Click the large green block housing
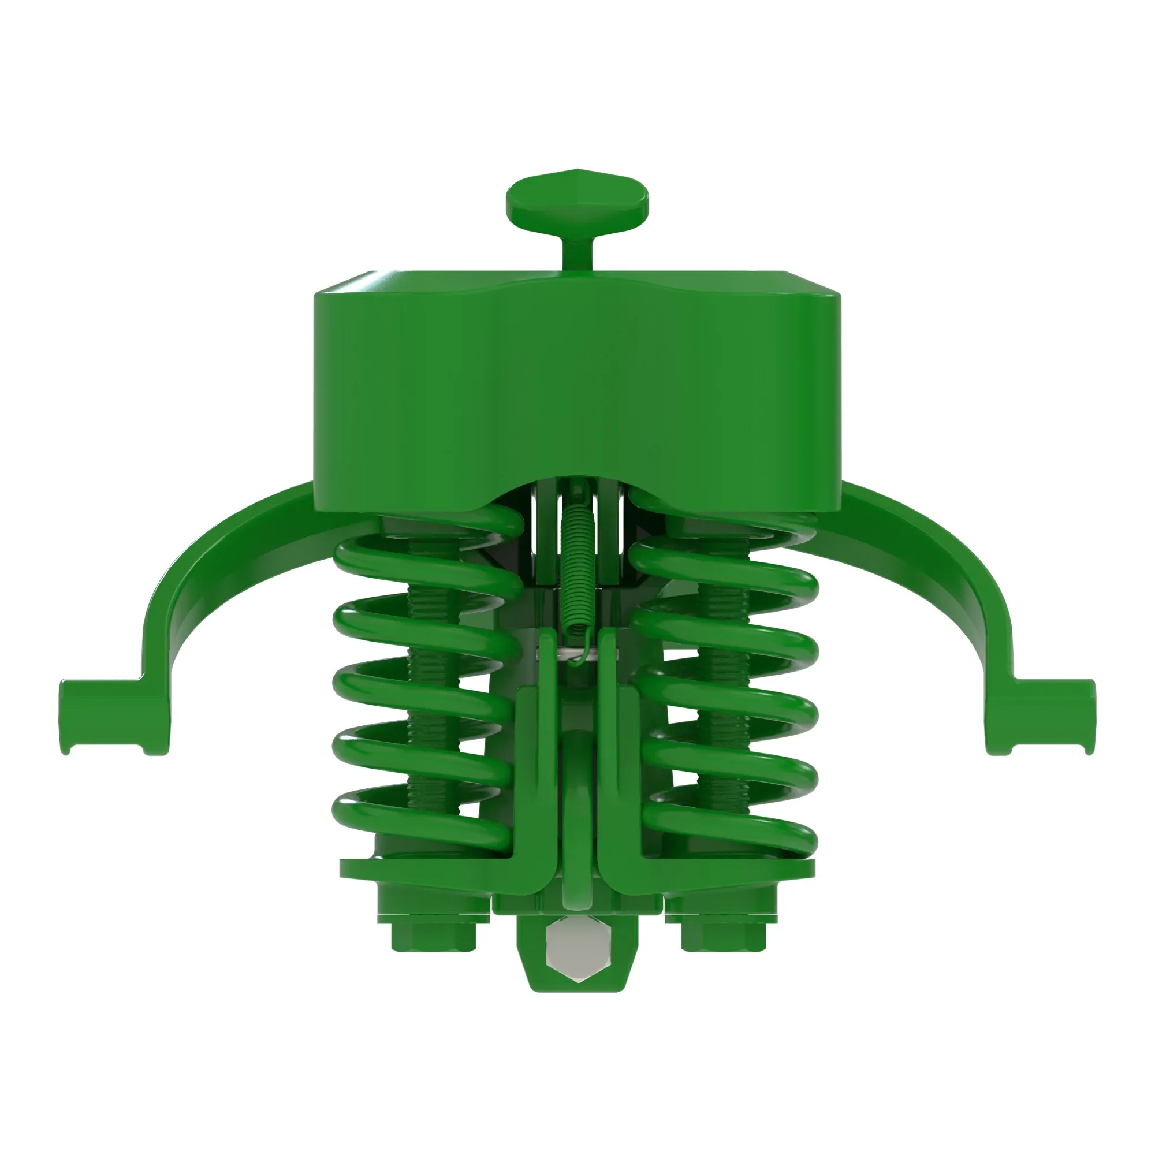click(x=577, y=389)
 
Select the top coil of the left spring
click(x=419, y=553)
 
